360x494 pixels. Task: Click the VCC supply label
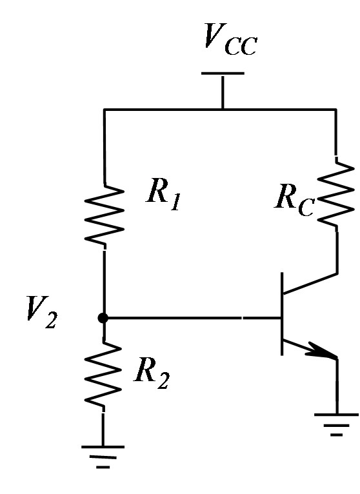[230, 39]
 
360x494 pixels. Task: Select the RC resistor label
[294, 201]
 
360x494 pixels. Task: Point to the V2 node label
[42, 312]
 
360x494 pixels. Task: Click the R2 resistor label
[152, 373]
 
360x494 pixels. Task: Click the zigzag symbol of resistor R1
[104, 215]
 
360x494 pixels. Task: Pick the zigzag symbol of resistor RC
[336, 193]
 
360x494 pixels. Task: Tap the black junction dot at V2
[103, 318]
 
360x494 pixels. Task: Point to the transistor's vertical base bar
[282, 314]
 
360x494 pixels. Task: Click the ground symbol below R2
[103, 457]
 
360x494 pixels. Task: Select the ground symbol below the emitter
[336, 425]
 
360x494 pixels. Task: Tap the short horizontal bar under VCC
[223, 74]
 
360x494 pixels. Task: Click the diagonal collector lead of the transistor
[310, 283]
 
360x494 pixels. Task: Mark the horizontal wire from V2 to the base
[192, 318]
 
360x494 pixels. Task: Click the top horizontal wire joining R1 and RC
[220, 110]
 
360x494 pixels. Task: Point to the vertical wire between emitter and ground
[337, 386]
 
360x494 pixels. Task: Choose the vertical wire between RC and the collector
[337, 253]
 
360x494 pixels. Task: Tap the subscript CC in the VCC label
[241, 46]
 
